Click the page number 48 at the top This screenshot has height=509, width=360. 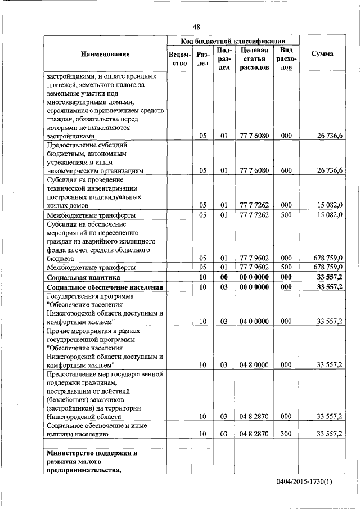pyautogui.click(x=196, y=26)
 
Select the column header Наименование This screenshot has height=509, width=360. pyautogui.click(x=105, y=54)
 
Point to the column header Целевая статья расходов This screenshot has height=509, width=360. pyautogui.click(x=254, y=58)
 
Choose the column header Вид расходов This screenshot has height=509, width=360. pyautogui.click(x=286, y=58)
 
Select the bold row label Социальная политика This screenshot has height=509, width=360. pyautogui.click(x=83, y=278)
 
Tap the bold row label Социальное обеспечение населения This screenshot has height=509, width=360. pyautogui.click(x=105, y=287)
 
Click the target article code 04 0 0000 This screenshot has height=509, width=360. pyautogui.click(x=254, y=321)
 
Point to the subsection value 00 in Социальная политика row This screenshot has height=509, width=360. pyautogui.click(x=223, y=278)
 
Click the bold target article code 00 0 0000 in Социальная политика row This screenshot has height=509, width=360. pyautogui.click(x=254, y=278)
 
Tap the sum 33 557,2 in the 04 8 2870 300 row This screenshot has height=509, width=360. pyautogui.click(x=330, y=434)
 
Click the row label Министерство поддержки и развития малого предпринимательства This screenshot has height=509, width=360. pyautogui.click(x=92, y=462)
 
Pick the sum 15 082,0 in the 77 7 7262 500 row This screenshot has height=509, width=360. pyautogui.click(x=330, y=215)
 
